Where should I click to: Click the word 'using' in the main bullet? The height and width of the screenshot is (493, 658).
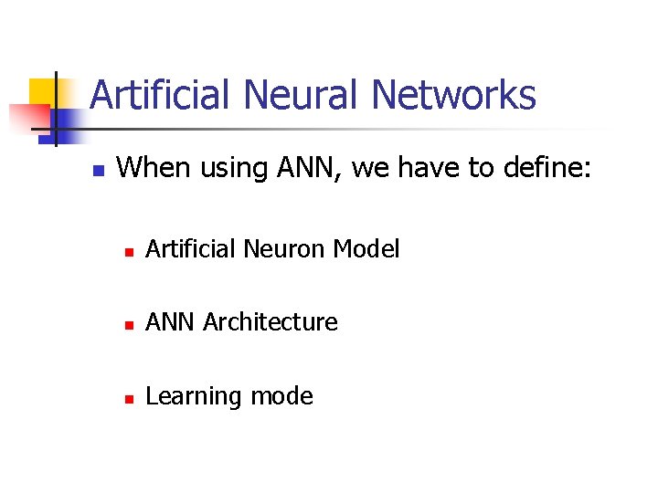tap(228, 169)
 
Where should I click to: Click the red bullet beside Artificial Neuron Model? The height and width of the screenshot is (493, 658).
tap(130, 250)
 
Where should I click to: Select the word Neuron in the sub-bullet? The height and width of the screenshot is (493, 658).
tap(288, 248)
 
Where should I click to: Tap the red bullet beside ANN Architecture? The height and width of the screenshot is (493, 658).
tap(130, 324)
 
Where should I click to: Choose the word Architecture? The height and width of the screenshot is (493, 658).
tap(271, 322)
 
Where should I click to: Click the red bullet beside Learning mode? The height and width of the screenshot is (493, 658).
tap(130, 399)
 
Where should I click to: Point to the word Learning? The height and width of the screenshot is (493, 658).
tap(188, 397)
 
